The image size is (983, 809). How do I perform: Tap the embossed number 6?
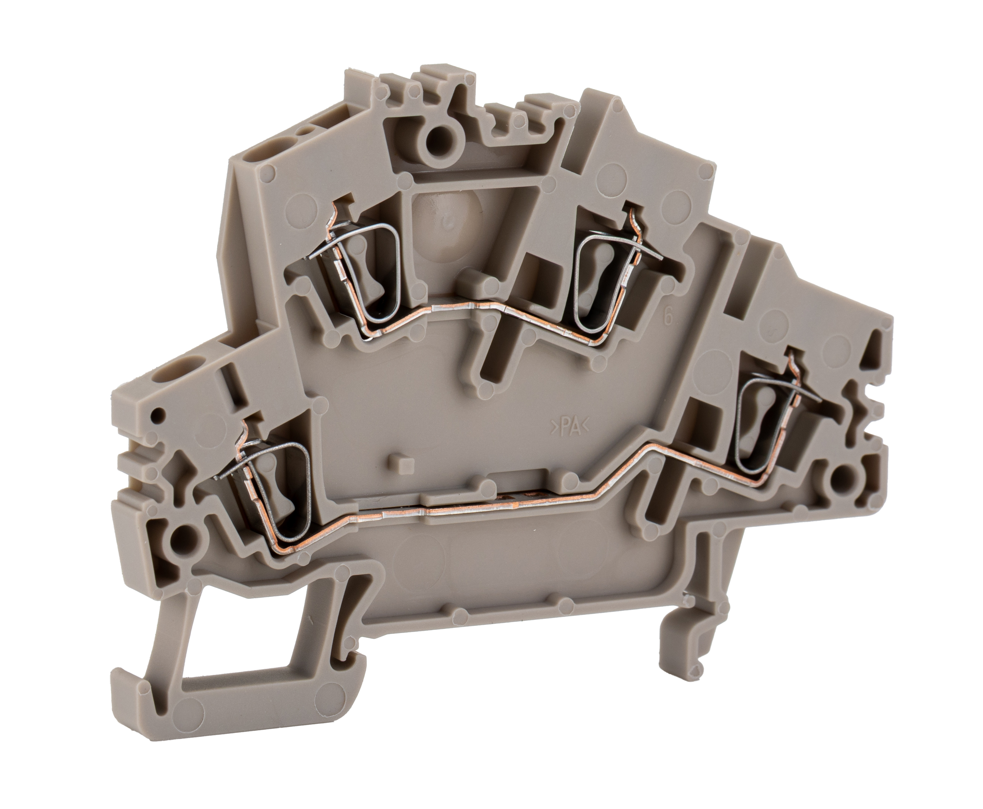click(x=668, y=317)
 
